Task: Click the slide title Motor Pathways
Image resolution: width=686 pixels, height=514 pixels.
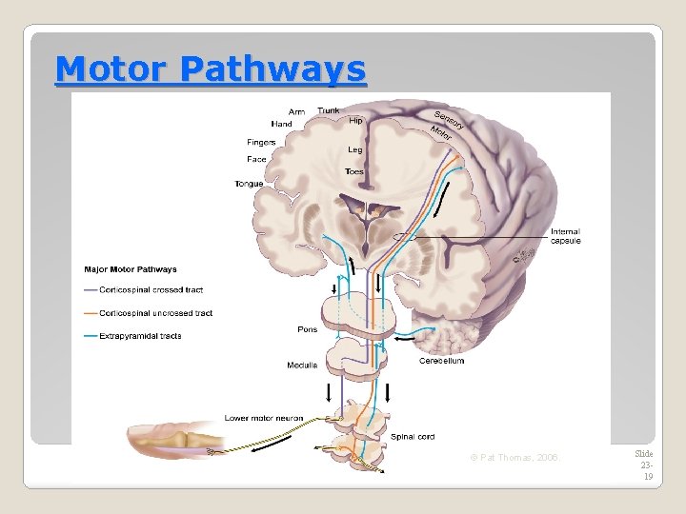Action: coord(210,69)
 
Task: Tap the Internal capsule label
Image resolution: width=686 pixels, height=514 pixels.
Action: coord(565,236)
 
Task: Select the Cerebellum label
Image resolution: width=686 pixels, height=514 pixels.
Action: coord(441,361)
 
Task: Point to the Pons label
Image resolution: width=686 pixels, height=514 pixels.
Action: coord(307,330)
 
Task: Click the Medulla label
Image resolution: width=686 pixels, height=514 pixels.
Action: coord(302,366)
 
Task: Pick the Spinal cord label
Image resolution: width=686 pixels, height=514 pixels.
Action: coord(413,437)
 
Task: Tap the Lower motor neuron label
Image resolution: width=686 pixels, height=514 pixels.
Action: coord(263,418)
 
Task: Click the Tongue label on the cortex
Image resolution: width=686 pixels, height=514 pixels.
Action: coord(249,184)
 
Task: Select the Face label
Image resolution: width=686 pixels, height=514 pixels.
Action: coord(256,159)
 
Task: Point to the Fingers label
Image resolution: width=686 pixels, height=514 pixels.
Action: coord(261,143)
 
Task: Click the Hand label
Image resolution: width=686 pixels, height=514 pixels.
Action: coord(281,124)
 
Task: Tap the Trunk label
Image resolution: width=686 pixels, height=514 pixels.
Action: coord(328,110)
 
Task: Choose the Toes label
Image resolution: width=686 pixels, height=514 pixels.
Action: coord(354,172)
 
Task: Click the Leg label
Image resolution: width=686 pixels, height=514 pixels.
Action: coord(354,149)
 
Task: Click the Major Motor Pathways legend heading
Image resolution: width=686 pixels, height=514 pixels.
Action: coord(130,269)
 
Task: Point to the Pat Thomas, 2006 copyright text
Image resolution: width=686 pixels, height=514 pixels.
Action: coord(514,459)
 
